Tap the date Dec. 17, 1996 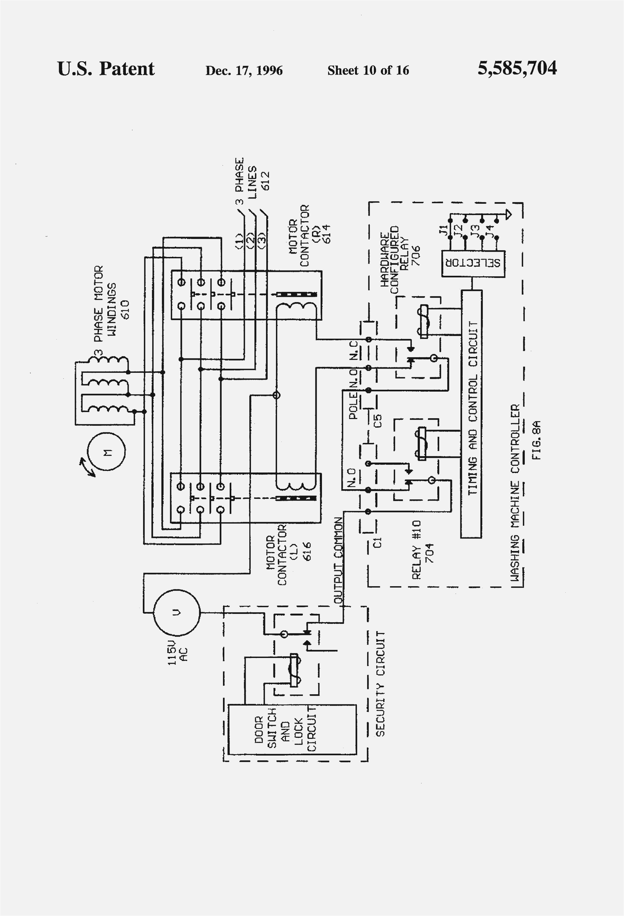coord(244,71)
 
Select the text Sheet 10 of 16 coord(368,71)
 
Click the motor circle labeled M coord(106,451)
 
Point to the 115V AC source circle coord(176,612)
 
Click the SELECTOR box coord(473,263)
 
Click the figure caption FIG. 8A coord(536,440)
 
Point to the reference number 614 coord(326,234)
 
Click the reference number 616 coord(307,551)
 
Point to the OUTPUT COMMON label coord(338,560)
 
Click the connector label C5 coord(378,420)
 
